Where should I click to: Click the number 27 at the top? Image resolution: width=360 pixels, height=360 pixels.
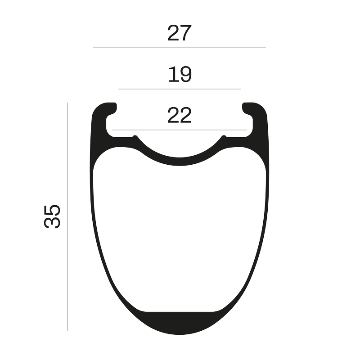[x=180, y=33]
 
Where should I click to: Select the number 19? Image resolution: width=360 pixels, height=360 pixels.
[x=180, y=75]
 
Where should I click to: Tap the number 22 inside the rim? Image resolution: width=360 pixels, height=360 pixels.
[x=180, y=116]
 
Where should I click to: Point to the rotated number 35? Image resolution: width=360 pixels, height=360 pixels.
[x=53, y=216]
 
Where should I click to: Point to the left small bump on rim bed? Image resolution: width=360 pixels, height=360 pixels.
[x=135, y=136]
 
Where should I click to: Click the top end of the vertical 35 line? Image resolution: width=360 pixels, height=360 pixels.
[x=67, y=103]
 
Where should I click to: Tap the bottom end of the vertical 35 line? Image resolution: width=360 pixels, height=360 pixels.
[x=67, y=330]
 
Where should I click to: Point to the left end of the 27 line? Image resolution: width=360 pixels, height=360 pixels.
[x=94, y=47]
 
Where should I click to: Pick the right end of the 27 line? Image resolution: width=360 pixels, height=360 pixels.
[x=265, y=47]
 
